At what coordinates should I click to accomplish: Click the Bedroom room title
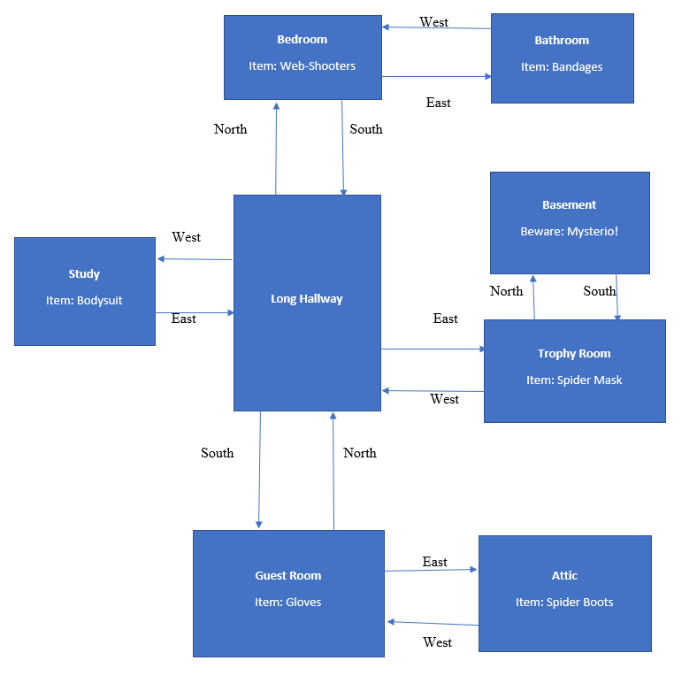coord(302,40)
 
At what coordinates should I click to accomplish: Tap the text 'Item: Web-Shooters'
coord(303,66)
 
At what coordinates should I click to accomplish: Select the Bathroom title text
coord(562,41)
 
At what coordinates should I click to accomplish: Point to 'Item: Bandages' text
coord(562,67)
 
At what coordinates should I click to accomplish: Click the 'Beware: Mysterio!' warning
coord(570,232)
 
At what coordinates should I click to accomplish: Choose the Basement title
coord(570,205)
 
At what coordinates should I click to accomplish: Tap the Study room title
coord(84,274)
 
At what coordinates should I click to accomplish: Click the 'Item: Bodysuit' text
coord(84,301)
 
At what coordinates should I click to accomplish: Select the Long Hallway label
coord(306,299)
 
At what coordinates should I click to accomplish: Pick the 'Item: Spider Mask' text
coord(574,380)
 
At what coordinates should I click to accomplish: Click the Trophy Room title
coord(574,354)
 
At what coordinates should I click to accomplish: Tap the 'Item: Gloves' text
coord(288,603)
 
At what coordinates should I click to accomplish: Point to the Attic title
coord(564,576)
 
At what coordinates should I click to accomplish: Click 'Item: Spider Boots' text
coord(564,603)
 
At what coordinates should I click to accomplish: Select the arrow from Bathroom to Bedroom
coord(436,27)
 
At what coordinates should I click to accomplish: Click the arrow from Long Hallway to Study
coord(195,259)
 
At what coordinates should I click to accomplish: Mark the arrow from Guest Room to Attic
coord(431,570)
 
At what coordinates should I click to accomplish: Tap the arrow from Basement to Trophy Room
coord(617,296)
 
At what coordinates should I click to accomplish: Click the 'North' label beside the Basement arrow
coord(507,291)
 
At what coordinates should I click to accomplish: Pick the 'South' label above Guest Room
coord(218,453)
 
